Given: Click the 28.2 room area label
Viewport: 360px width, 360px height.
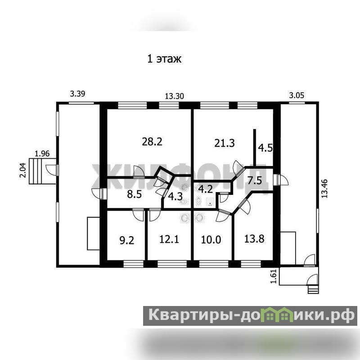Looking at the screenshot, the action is pyautogui.click(x=152, y=141).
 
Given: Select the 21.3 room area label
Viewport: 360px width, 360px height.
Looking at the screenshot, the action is pyautogui.click(x=224, y=143).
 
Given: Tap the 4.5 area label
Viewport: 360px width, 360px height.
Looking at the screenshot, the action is pyautogui.click(x=265, y=148).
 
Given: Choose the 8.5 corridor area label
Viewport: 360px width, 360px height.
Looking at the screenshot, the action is pyautogui.click(x=134, y=195).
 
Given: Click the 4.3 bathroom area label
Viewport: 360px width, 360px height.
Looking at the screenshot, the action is pyautogui.click(x=175, y=197).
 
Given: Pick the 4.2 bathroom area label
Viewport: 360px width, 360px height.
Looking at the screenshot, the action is pyautogui.click(x=205, y=189).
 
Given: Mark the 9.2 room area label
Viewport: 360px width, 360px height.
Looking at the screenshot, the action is pyautogui.click(x=127, y=241).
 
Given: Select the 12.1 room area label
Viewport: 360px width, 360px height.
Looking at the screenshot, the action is pyautogui.click(x=169, y=239).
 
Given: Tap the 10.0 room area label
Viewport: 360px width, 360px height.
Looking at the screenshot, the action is pyautogui.click(x=211, y=240).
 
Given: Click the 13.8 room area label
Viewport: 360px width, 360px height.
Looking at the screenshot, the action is pyautogui.click(x=254, y=239).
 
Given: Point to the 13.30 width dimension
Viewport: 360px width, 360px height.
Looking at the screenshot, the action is pyautogui.click(x=175, y=96).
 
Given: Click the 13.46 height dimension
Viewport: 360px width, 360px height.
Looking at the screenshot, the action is pyautogui.click(x=324, y=189).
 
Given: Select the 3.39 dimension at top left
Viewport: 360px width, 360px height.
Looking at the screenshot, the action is pyautogui.click(x=77, y=94).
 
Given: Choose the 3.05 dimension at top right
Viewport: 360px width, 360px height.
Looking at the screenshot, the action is pyautogui.click(x=297, y=95).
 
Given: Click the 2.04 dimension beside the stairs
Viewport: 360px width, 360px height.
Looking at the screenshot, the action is pyautogui.click(x=23, y=170).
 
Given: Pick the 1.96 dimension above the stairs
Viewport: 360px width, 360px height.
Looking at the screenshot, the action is pyautogui.click(x=42, y=153).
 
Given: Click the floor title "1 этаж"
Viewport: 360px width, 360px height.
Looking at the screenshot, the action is pyautogui.click(x=164, y=59).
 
